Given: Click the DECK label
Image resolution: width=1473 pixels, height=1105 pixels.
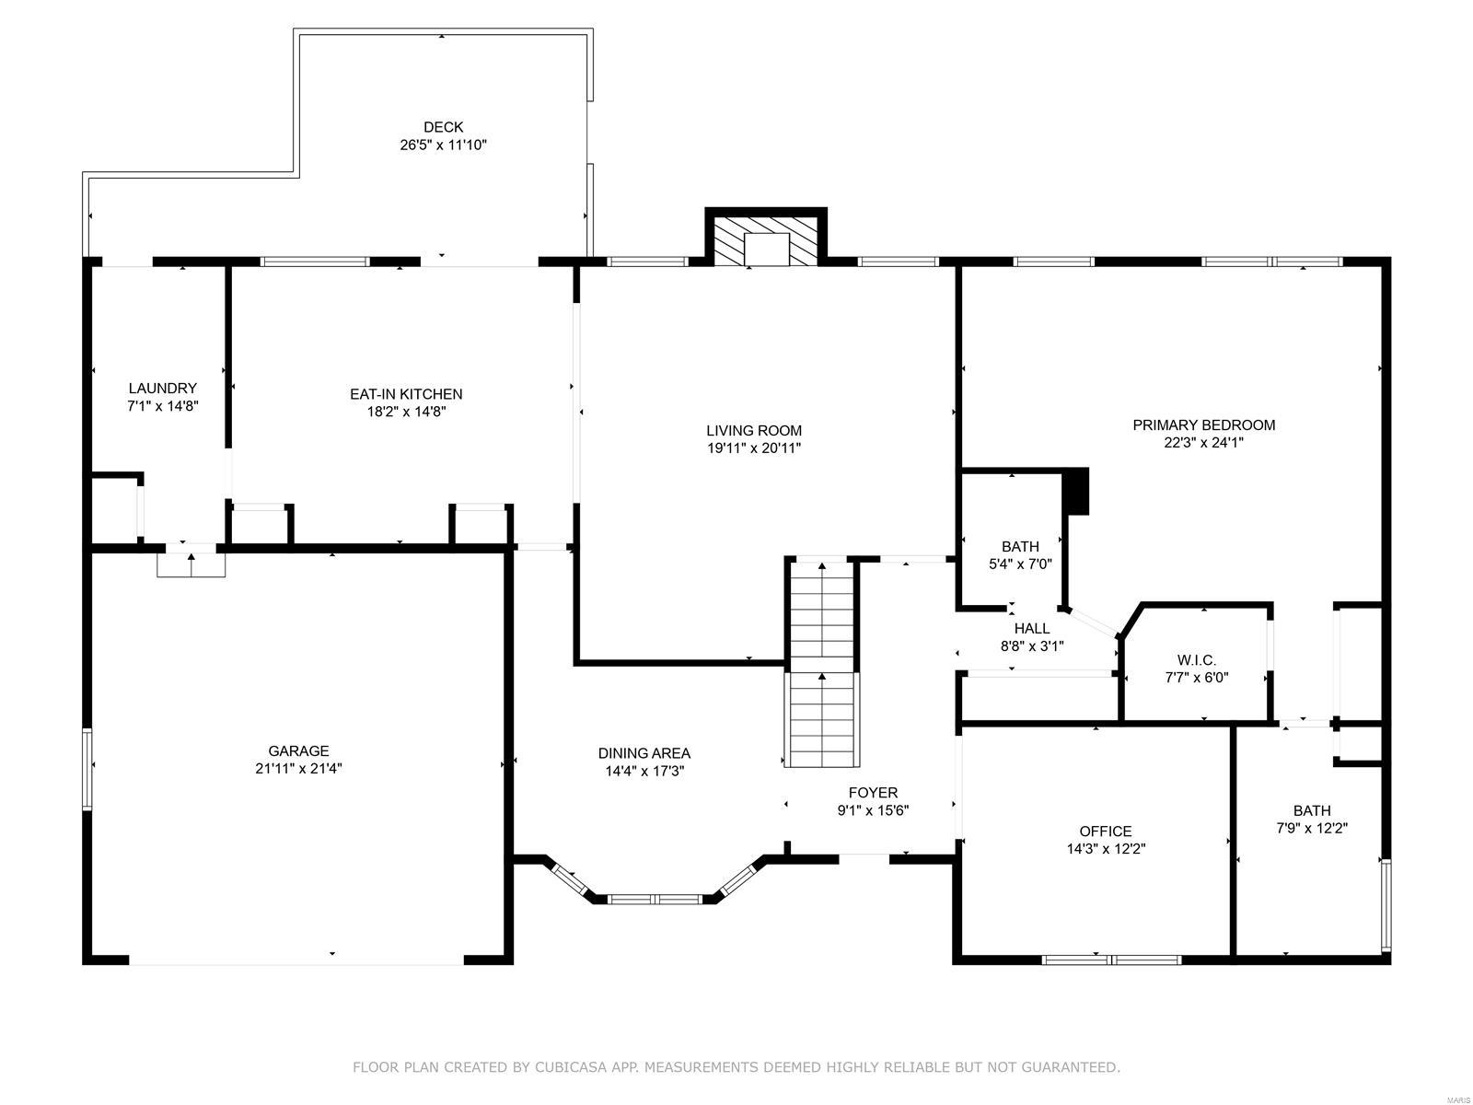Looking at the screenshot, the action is pyautogui.click(x=443, y=127).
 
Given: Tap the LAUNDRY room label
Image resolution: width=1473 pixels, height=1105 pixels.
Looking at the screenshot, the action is pyautogui.click(x=162, y=388).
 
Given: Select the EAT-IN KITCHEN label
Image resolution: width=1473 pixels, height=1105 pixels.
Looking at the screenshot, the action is pyautogui.click(x=406, y=394).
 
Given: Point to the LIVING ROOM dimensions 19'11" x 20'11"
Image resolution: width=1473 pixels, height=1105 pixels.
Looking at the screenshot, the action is pyautogui.click(x=754, y=448).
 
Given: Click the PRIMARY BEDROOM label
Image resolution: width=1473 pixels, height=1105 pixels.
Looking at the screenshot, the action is pyautogui.click(x=1203, y=425).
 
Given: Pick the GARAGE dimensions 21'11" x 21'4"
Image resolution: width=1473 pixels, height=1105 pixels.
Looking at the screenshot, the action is pyautogui.click(x=298, y=768).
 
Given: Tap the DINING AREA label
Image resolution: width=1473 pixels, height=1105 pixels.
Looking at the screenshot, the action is pyautogui.click(x=644, y=752).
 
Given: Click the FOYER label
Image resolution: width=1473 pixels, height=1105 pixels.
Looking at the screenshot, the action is pyautogui.click(x=873, y=792).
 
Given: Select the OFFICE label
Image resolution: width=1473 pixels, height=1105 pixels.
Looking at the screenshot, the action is pyautogui.click(x=1106, y=832).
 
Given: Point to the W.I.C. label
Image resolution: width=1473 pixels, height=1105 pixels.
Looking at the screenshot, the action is pyautogui.click(x=1197, y=660).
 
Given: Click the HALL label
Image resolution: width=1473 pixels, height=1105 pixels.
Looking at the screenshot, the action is pyautogui.click(x=1031, y=629).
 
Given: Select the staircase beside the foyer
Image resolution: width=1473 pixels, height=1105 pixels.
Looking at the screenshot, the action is pyautogui.click(x=822, y=663).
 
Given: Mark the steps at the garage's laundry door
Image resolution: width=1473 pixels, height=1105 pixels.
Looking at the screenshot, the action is pyautogui.click(x=191, y=564).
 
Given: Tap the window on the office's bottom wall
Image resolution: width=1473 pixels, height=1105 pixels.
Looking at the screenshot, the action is pyautogui.click(x=1111, y=960).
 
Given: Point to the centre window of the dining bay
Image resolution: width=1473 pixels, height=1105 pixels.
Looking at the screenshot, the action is pyautogui.click(x=655, y=899).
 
